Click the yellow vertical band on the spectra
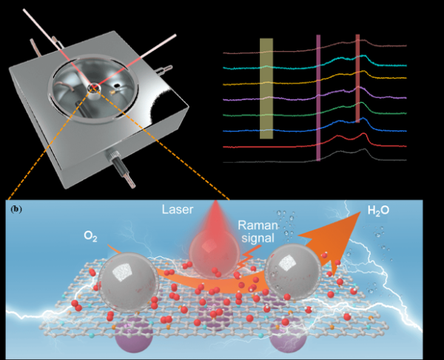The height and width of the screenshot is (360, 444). click(266, 89)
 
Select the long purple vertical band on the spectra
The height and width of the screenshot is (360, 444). click(318, 96)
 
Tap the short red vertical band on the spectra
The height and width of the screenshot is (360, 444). click(357, 78)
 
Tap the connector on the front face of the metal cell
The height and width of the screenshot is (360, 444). click(119, 161)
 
